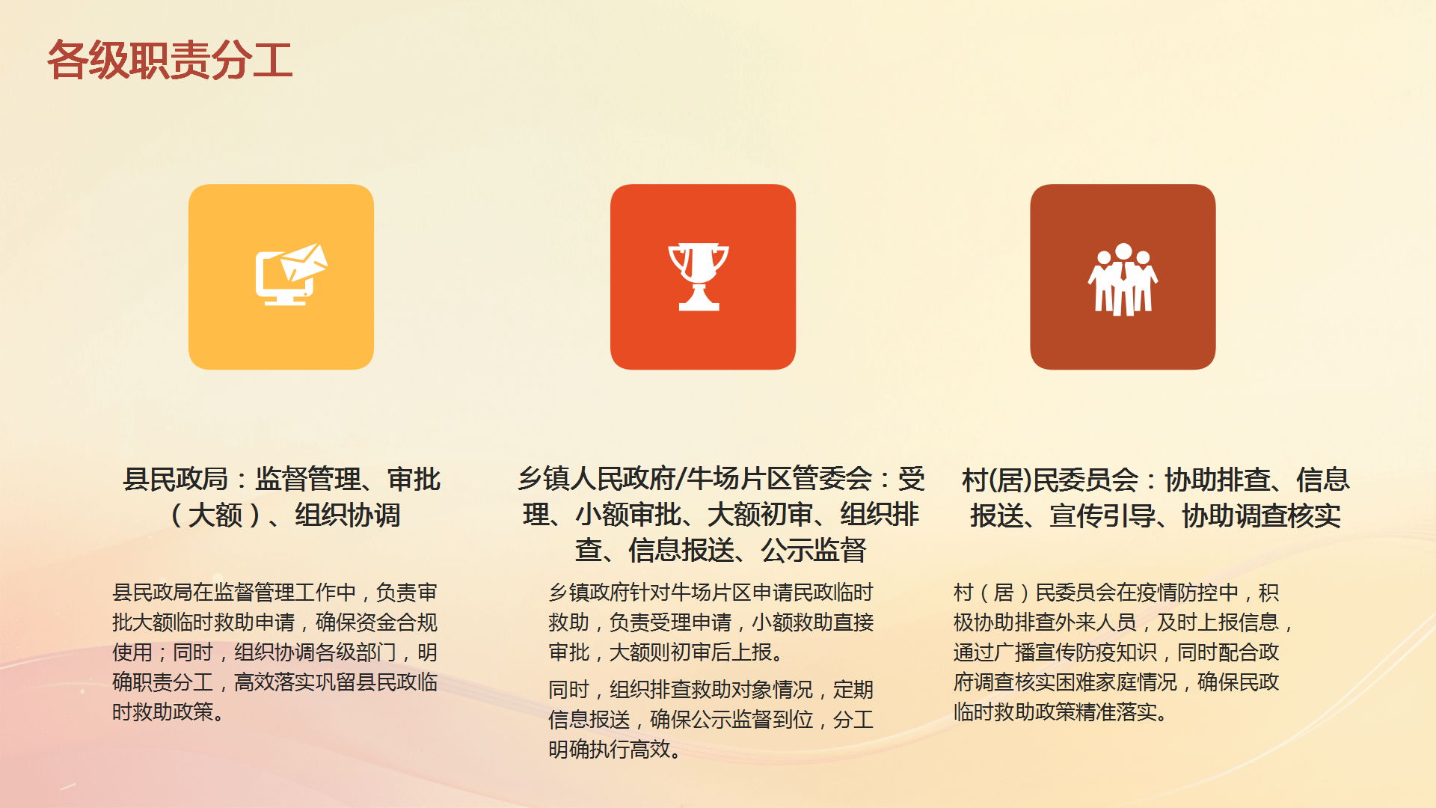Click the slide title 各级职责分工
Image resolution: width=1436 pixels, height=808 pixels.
pos(170,60)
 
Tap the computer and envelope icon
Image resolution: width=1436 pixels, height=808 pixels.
pos(291,274)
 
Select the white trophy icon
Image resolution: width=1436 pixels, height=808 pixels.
pos(699,276)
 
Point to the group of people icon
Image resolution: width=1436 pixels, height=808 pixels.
pos(1123,279)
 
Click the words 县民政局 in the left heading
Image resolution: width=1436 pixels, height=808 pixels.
pos(175,480)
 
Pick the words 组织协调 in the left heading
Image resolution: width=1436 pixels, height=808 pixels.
pos(348,515)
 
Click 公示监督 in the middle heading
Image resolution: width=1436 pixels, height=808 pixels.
pos(814,551)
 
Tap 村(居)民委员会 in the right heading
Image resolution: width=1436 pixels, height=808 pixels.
pos(1050,480)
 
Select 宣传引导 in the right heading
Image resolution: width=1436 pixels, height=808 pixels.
pos(1102,515)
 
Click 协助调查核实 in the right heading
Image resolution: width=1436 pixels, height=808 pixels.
pos(1261,515)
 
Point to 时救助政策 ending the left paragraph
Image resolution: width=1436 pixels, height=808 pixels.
pos(163,712)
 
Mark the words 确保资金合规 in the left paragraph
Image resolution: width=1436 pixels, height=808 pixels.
pos(376,622)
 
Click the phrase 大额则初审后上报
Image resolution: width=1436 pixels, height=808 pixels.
pos(690,652)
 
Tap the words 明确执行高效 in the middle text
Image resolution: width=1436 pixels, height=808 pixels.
pos(609,750)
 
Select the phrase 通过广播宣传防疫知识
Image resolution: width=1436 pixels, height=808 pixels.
pos(1055,652)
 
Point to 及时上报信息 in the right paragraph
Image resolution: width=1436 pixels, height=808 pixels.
pos(1218,622)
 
